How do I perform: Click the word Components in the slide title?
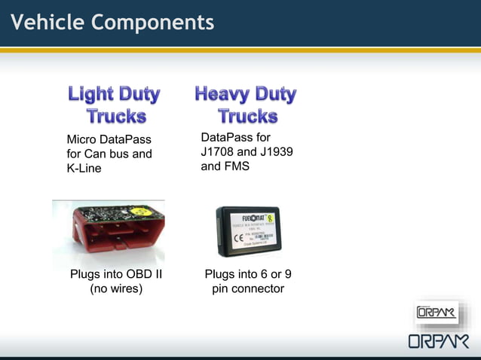153,23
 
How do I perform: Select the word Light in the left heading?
90,94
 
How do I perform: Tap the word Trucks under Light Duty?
115,116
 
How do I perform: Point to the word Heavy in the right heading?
221,94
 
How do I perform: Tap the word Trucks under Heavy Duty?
247,116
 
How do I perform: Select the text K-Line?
84,169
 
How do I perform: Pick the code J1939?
274,151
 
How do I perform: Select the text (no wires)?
116,288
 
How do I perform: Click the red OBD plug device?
109,233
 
